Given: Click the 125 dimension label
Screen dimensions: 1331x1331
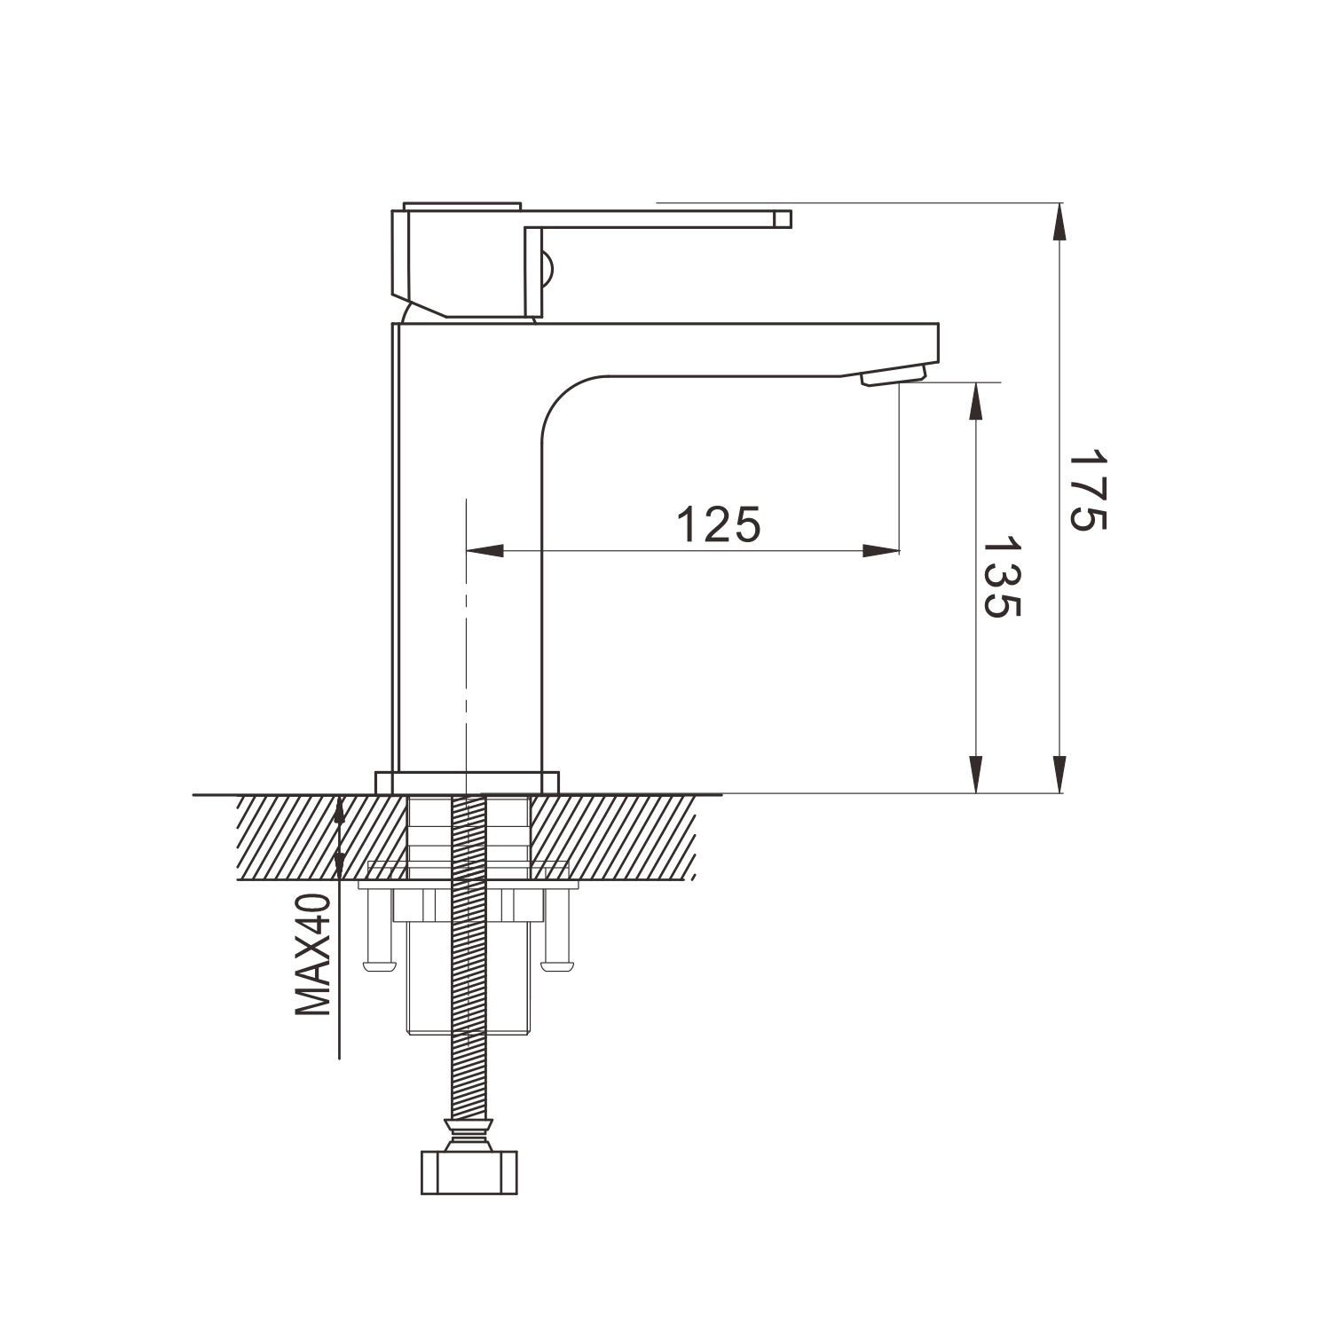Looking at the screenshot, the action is (x=719, y=524).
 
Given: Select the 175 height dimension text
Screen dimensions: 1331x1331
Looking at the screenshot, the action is (x=1087, y=490).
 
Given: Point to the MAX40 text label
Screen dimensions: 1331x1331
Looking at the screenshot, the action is (x=312, y=955).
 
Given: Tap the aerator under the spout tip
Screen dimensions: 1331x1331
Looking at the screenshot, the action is (x=893, y=376).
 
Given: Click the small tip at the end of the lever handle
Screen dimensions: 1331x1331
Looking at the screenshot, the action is (x=782, y=219).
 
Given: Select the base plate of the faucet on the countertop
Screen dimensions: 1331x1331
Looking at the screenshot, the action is (x=468, y=783).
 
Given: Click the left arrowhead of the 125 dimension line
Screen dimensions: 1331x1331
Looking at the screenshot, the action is (x=484, y=551).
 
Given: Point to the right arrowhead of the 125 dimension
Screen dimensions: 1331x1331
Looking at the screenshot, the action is (x=880, y=551).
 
